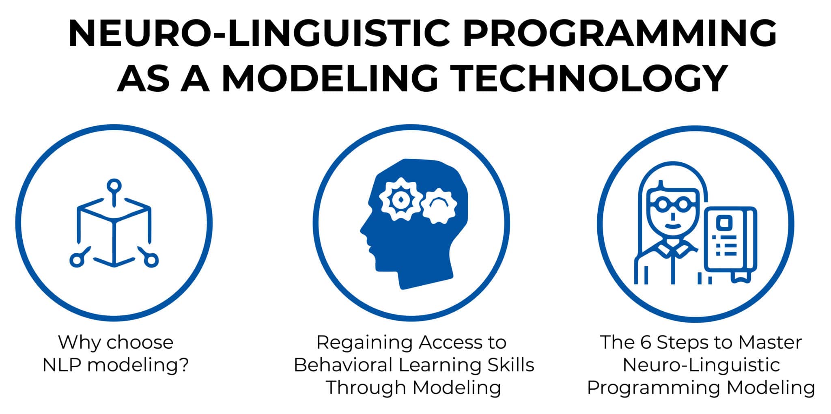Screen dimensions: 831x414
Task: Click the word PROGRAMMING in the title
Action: (620, 34)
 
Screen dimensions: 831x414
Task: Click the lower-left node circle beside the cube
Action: (77, 260)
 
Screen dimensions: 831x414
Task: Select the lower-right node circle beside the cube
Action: (151, 260)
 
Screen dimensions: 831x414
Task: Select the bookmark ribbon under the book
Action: (741, 277)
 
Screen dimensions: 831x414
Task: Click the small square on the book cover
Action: (724, 222)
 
